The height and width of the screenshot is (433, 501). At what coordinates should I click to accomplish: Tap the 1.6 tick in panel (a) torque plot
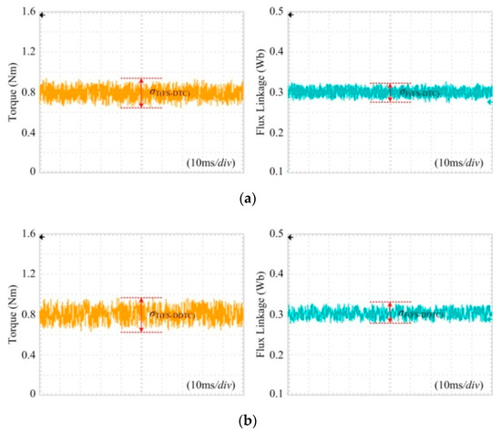25,12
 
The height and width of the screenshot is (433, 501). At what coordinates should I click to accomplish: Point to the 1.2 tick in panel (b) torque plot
25,274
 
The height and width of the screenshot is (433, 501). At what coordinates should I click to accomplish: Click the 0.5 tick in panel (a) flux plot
274,12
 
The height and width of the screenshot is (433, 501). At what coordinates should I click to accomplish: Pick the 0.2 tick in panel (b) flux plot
274,354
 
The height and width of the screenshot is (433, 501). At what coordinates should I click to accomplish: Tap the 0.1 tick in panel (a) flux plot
274,171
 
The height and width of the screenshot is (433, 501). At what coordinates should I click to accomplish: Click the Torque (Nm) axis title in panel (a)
8,91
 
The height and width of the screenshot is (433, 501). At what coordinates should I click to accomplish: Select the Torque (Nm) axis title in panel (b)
8,314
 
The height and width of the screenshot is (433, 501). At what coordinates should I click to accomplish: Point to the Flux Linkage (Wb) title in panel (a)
258,91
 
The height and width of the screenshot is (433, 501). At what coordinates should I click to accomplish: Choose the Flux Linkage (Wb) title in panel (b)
258,314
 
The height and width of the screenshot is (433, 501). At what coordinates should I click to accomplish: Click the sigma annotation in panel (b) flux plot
417,315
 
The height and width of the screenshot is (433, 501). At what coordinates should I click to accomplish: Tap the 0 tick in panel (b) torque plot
30,394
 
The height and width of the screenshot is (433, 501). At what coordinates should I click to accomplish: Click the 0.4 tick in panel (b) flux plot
274,274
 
